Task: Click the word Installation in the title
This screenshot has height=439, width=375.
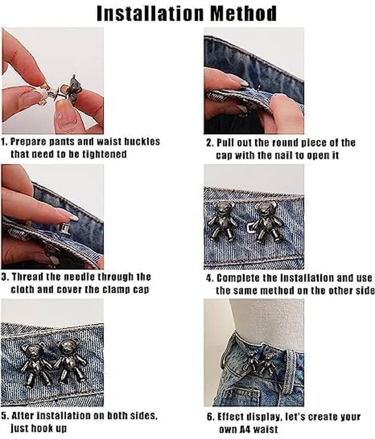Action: (150, 13)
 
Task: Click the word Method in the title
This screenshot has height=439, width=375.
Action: (243, 13)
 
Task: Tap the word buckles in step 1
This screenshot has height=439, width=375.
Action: (142, 142)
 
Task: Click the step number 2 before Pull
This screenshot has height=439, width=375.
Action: (209, 143)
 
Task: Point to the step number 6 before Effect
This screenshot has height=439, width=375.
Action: (210, 417)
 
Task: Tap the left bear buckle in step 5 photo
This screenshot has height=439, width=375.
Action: (35, 363)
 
